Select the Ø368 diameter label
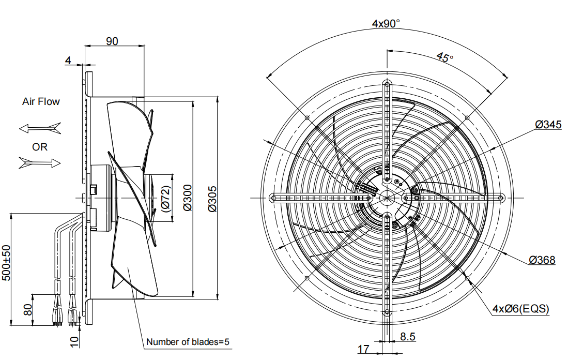point(542,260)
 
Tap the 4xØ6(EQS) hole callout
point(520,309)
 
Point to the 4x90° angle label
point(386,23)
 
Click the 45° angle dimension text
point(444,57)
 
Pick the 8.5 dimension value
point(408,337)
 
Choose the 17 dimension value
point(363,349)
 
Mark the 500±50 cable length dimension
point(6,263)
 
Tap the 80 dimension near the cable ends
point(28,310)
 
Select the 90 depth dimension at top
point(112,41)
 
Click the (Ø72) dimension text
point(165,199)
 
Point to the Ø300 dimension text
point(187,198)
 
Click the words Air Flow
point(41,102)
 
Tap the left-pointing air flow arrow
point(40,127)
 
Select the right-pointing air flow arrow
point(40,163)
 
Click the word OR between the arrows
point(40,147)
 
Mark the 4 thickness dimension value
point(68,61)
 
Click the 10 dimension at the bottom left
point(74,341)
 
